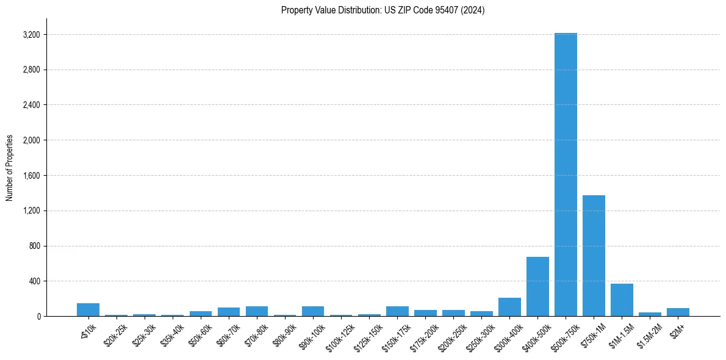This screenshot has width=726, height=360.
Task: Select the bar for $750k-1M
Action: pos(594,256)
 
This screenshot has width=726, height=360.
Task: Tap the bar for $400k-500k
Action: pos(537,286)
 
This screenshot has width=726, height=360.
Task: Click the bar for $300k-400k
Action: pos(509,307)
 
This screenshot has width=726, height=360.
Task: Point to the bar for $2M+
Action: pos(678,312)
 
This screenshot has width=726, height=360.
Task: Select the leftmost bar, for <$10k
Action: pos(88,310)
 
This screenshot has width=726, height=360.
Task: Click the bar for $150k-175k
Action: pos(397,311)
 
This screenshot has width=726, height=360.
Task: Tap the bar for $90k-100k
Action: pos(313,311)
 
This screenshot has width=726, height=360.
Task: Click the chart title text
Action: pos(383,10)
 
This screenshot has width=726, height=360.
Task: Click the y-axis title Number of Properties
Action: pos(10,168)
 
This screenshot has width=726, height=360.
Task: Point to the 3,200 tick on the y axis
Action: pos(31,35)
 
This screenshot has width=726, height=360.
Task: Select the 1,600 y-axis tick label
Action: pos(31,176)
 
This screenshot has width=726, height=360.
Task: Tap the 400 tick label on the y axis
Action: pos(34,281)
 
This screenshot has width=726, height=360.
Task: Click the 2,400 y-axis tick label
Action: pos(31,105)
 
